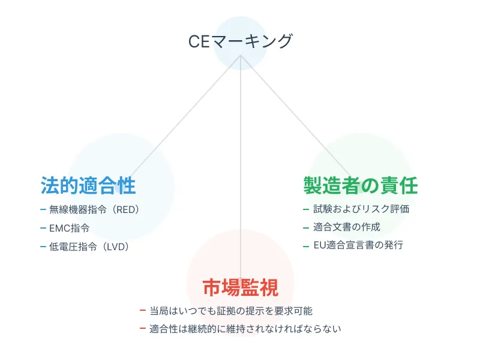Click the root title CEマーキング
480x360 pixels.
240,41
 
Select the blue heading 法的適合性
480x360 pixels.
88,185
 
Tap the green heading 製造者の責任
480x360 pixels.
361,185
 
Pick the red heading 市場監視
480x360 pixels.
241,287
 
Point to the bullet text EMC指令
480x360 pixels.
70,228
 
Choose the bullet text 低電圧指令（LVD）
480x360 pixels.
89,246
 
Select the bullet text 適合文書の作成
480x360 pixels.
347,227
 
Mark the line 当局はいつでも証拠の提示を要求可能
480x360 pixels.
231,311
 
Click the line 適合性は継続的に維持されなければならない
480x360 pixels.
245,329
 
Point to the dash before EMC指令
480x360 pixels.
43,228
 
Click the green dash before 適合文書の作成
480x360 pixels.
307,227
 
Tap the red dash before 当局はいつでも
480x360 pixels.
142,311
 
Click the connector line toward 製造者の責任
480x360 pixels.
294,114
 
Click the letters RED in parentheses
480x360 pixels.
125,210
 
